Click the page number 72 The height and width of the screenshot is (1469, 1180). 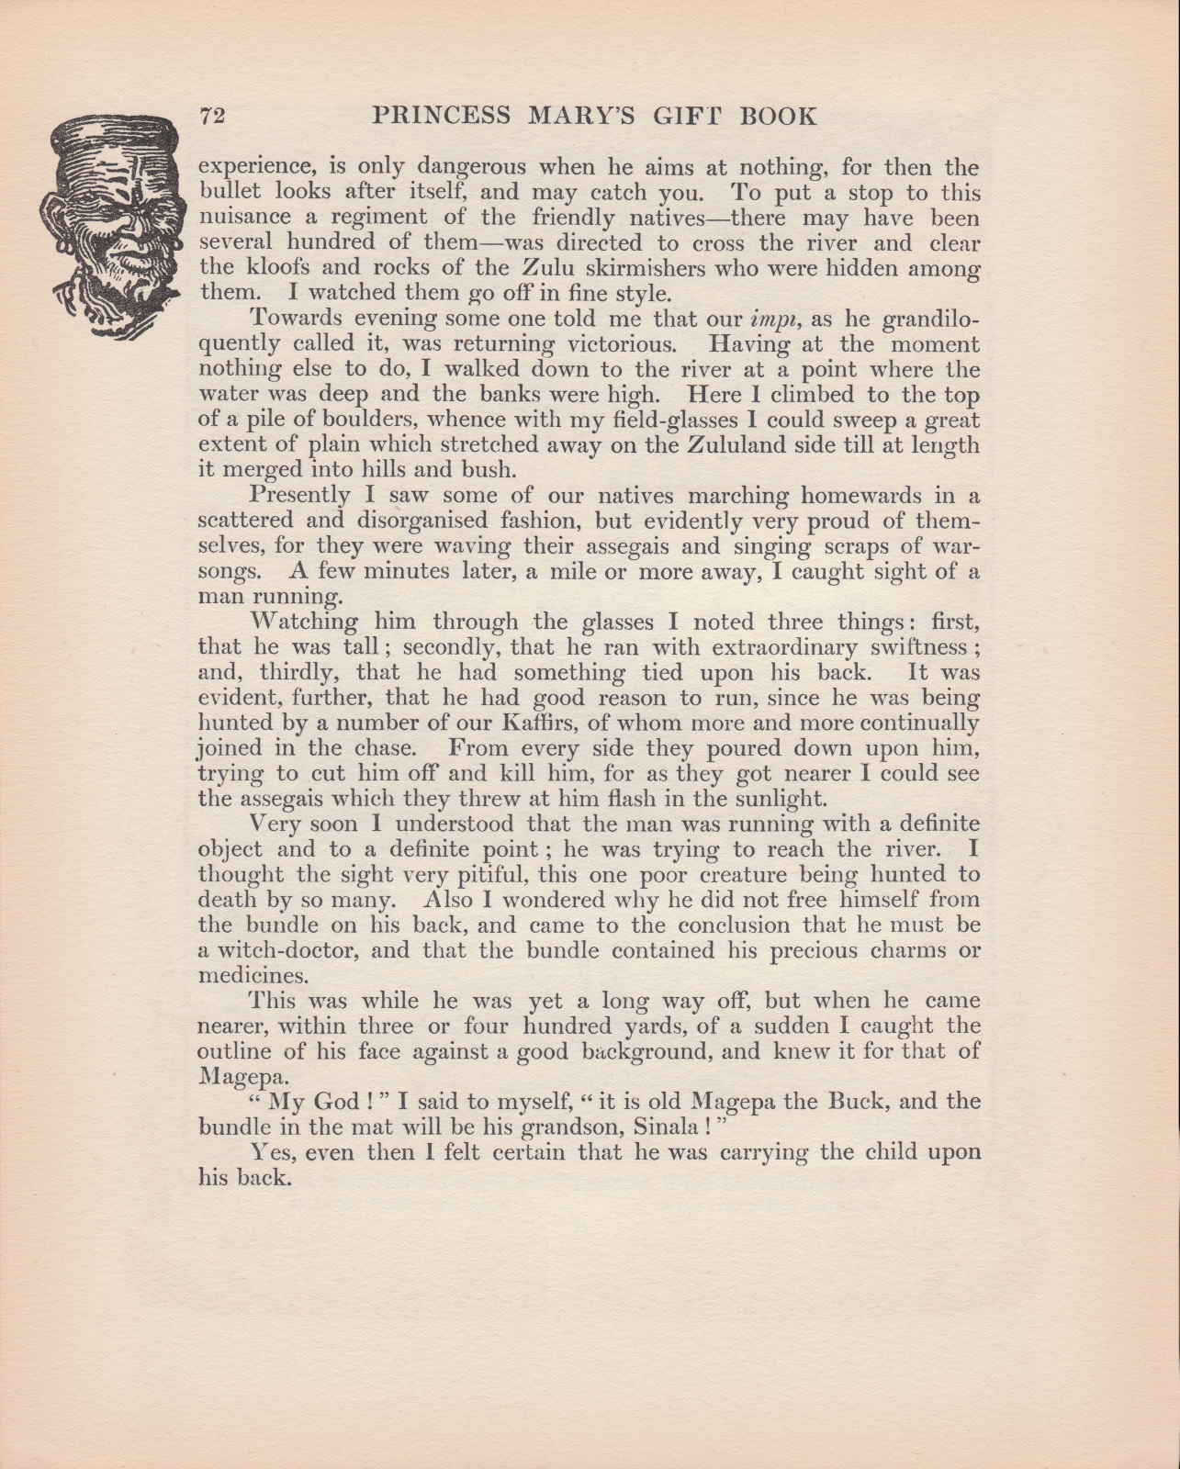212,117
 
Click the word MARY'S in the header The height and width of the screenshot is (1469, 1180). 595,117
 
